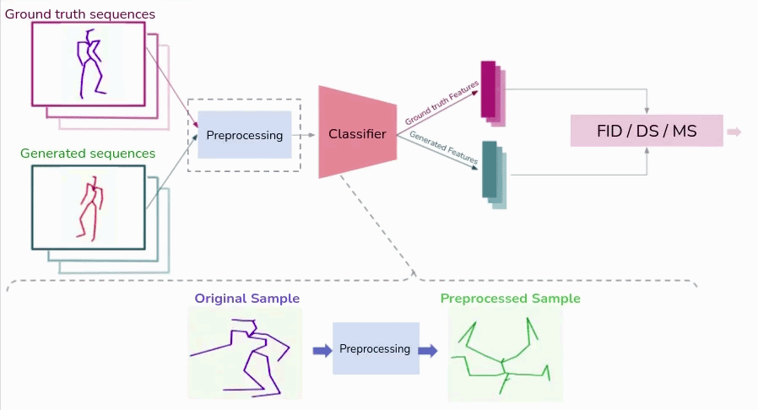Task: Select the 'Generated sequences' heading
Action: (88, 154)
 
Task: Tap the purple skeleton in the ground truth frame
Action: (89, 62)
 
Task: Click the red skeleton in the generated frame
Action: (89, 208)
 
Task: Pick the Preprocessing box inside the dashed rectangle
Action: (244, 135)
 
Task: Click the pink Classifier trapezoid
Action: (357, 133)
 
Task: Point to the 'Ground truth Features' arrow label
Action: (441, 102)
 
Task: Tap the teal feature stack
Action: (492, 172)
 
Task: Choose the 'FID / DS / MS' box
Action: (647, 132)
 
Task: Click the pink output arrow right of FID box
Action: (734, 132)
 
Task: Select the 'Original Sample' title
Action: (246, 299)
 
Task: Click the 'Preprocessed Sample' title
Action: (510, 299)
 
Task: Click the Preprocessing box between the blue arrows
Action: (375, 348)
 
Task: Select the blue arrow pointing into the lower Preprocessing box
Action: (322, 350)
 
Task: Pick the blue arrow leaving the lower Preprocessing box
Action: (428, 350)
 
